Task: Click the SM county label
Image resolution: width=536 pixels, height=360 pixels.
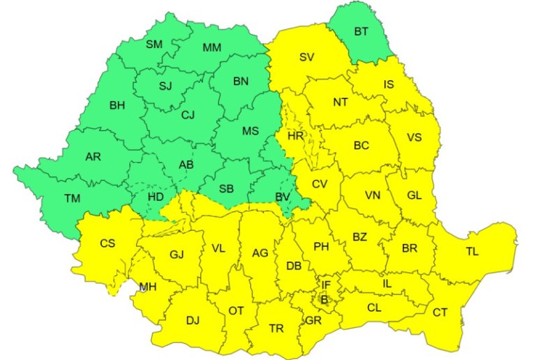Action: tap(154, 44)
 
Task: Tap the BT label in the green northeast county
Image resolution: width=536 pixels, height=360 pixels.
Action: tap(361, 31)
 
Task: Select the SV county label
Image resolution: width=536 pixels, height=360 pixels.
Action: tap(306, 57)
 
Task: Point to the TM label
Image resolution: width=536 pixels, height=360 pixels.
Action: tap(73, 198)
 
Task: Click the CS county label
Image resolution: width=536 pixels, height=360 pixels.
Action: tap(107, 243)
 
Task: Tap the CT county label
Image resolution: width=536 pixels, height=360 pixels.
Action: tap(440, 313)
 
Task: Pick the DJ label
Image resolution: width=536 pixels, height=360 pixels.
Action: tap(193, 320)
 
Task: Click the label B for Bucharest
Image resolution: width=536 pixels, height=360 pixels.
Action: tap(323, 299)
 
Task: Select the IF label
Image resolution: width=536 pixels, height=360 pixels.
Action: tap(326, 285)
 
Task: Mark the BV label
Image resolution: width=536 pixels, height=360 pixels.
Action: tap(282, 197)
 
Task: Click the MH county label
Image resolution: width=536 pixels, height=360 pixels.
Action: tap(147, 286)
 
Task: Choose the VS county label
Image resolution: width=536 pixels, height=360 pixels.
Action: tap(415, 137)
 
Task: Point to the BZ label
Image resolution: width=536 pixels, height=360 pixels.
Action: tap(359, 237)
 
